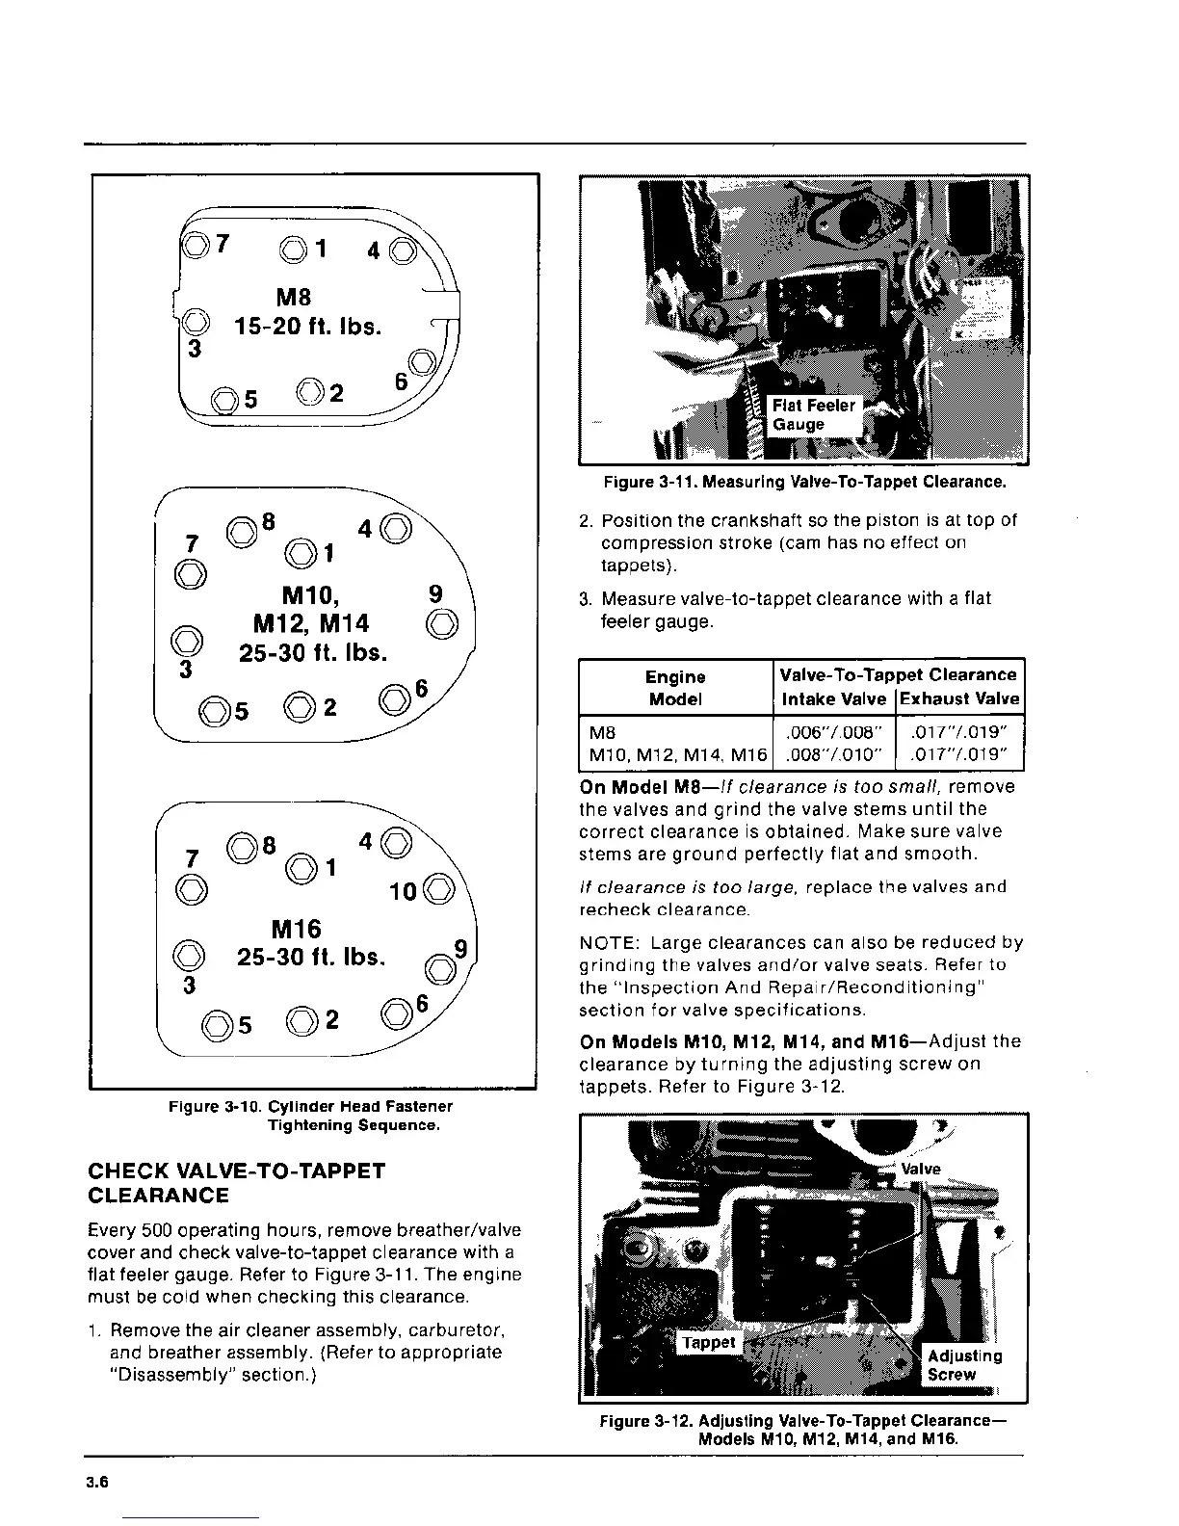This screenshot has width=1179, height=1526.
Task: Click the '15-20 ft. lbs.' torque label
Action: pos(308,326)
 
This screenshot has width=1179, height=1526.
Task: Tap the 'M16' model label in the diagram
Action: pos(297,929)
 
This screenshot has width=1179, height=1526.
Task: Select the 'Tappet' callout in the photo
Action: pos(708,1342)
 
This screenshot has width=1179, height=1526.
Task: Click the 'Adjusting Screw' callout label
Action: pos(963,1365)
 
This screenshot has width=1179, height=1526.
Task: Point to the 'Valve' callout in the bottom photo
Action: pos(921,1169)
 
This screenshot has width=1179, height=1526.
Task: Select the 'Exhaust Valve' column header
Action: pos(959,698)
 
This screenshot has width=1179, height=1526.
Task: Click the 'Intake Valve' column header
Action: pos(834,698)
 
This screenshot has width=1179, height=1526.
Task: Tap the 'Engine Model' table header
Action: pos(675,687)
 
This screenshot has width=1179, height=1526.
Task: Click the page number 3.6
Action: pos(94,1484)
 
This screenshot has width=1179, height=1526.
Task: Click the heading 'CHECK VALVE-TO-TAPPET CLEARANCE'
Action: pos(236,1183)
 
